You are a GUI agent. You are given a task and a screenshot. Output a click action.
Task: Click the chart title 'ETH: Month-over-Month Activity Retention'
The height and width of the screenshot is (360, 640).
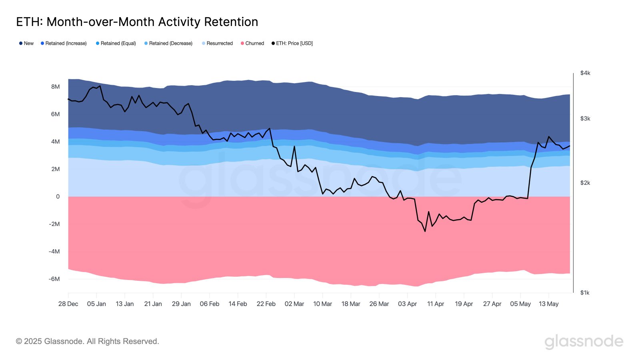137,22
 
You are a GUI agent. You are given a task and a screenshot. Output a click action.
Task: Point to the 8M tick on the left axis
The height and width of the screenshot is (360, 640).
55,87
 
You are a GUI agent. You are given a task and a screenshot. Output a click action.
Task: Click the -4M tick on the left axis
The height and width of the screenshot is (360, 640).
54,252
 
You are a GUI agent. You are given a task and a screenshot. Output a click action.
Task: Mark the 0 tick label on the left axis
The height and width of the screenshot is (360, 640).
58,196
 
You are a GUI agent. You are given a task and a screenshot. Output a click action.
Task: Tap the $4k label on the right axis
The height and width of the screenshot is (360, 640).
585,73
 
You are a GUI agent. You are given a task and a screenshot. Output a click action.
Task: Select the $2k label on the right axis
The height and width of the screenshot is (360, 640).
585,183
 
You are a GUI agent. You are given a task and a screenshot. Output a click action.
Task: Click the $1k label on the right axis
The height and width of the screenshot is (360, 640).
585,293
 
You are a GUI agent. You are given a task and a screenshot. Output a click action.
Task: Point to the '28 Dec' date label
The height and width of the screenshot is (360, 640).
68,304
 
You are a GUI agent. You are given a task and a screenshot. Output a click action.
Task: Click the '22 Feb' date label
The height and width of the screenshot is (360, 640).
266,304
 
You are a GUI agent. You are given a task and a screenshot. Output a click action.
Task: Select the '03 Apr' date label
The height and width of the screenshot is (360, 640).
407,304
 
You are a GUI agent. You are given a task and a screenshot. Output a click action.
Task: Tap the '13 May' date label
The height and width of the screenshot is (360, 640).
548,304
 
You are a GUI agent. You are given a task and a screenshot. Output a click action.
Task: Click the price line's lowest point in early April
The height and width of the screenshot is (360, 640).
425,231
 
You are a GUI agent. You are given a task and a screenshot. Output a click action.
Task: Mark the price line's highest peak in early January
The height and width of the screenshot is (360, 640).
100,86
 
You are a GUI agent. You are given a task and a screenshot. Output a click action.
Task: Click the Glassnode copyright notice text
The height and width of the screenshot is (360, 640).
88,341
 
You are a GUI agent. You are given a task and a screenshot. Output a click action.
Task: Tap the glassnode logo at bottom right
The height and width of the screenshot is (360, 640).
584,342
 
